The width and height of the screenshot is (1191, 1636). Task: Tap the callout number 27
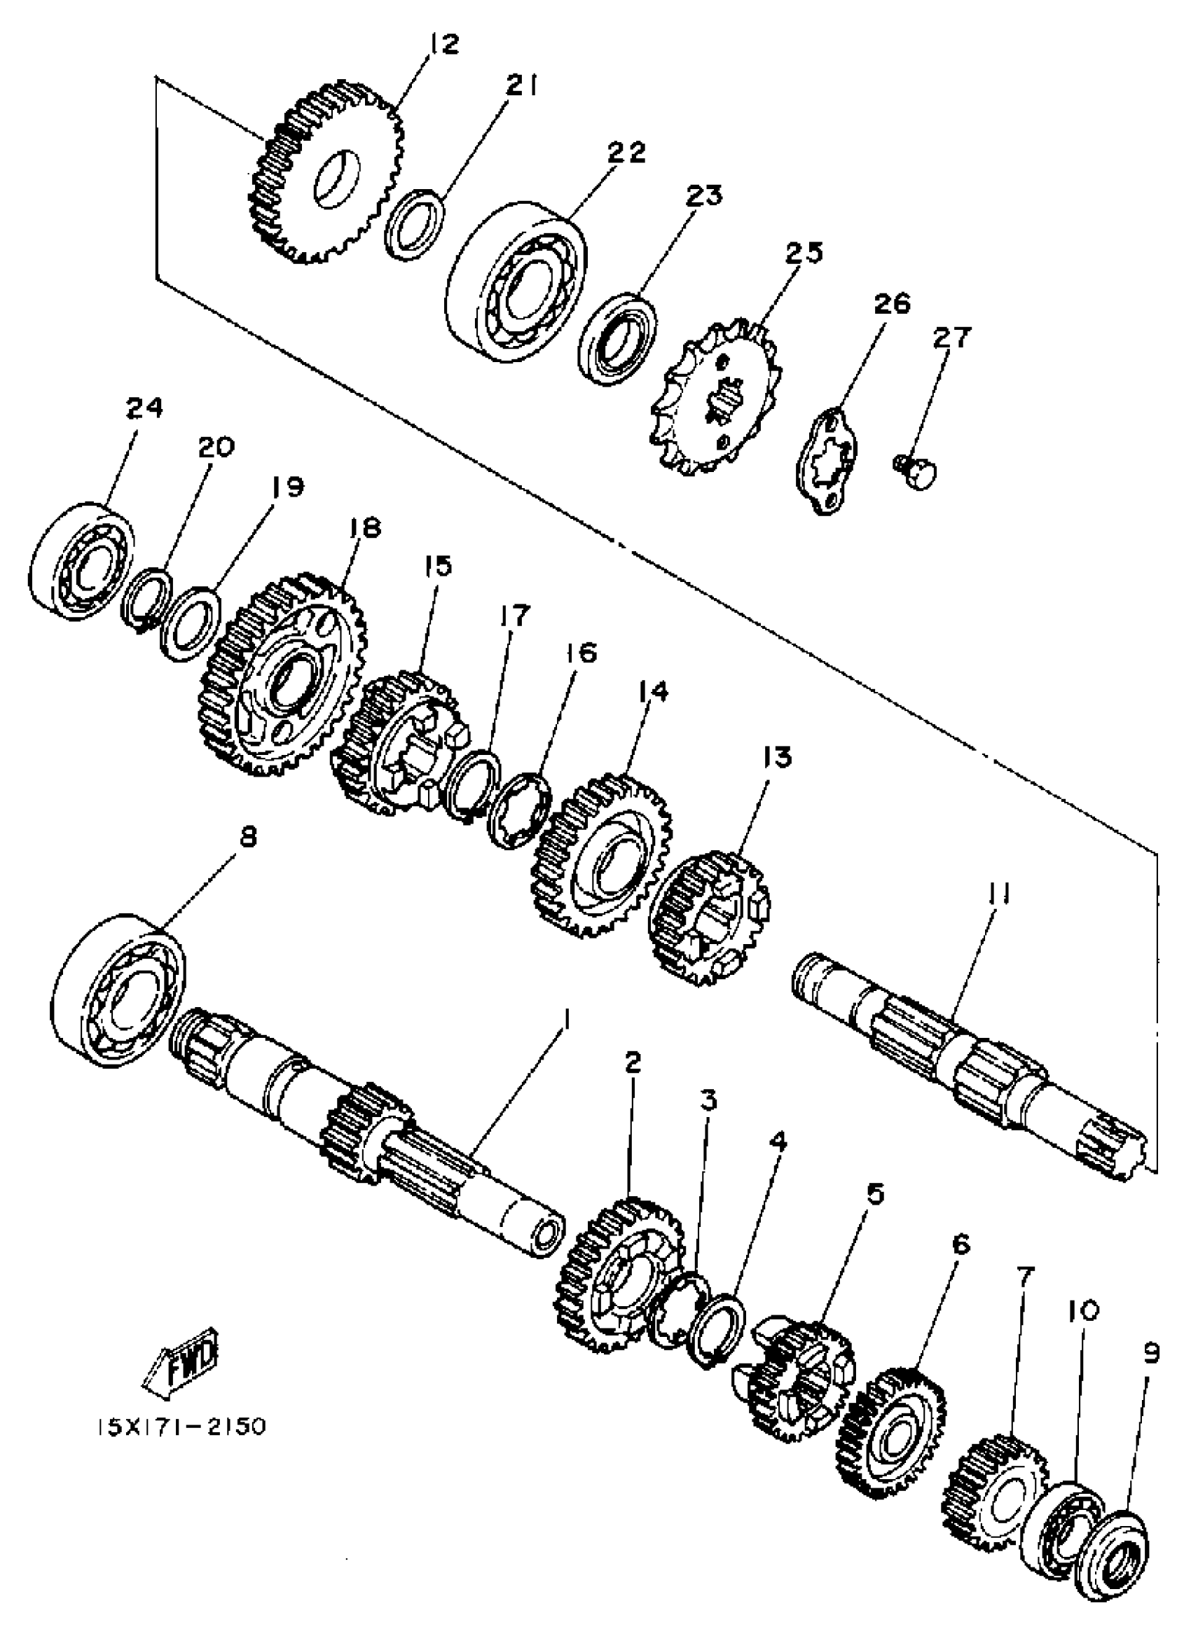tap(951, 338)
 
